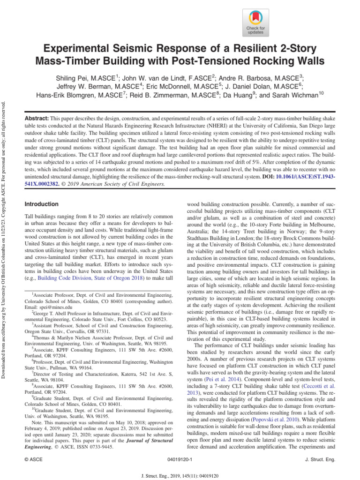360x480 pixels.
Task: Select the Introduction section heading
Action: coord(41,204)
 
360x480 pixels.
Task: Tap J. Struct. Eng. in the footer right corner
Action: coord(320,460)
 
